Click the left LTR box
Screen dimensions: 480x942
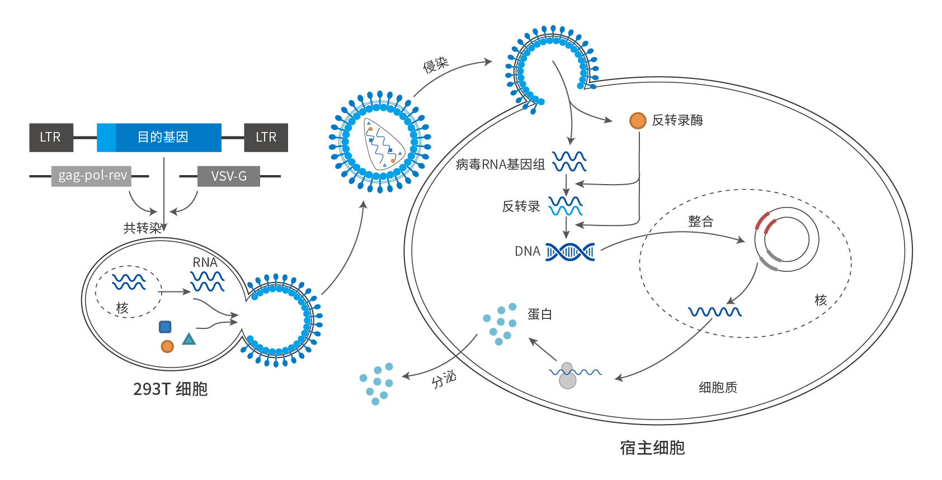(51, 138)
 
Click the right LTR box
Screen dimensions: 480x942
(266, 138)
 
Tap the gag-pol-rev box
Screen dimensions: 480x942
(92, 176)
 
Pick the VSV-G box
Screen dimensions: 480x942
(228, 176)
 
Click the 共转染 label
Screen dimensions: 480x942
(142, 228)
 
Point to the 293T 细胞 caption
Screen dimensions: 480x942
(170, 389)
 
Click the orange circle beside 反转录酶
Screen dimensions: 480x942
(638, 120)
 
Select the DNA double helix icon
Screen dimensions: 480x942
(570, 252)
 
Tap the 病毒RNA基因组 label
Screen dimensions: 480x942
(500, 164)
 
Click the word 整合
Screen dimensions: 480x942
(700, 222)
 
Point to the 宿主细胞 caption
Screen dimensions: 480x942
(652, 448)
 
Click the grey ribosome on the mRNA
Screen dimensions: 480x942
(567, 376)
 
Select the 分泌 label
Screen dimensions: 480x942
(444, 380)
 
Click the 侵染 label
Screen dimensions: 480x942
(435, 65)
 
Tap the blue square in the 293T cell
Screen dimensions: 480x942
(165, 327)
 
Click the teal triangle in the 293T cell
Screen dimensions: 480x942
(189, 339)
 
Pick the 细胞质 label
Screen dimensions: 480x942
(718, 387)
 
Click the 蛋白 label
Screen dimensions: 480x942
(539, 314)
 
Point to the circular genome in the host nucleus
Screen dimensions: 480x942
(786, 239)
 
